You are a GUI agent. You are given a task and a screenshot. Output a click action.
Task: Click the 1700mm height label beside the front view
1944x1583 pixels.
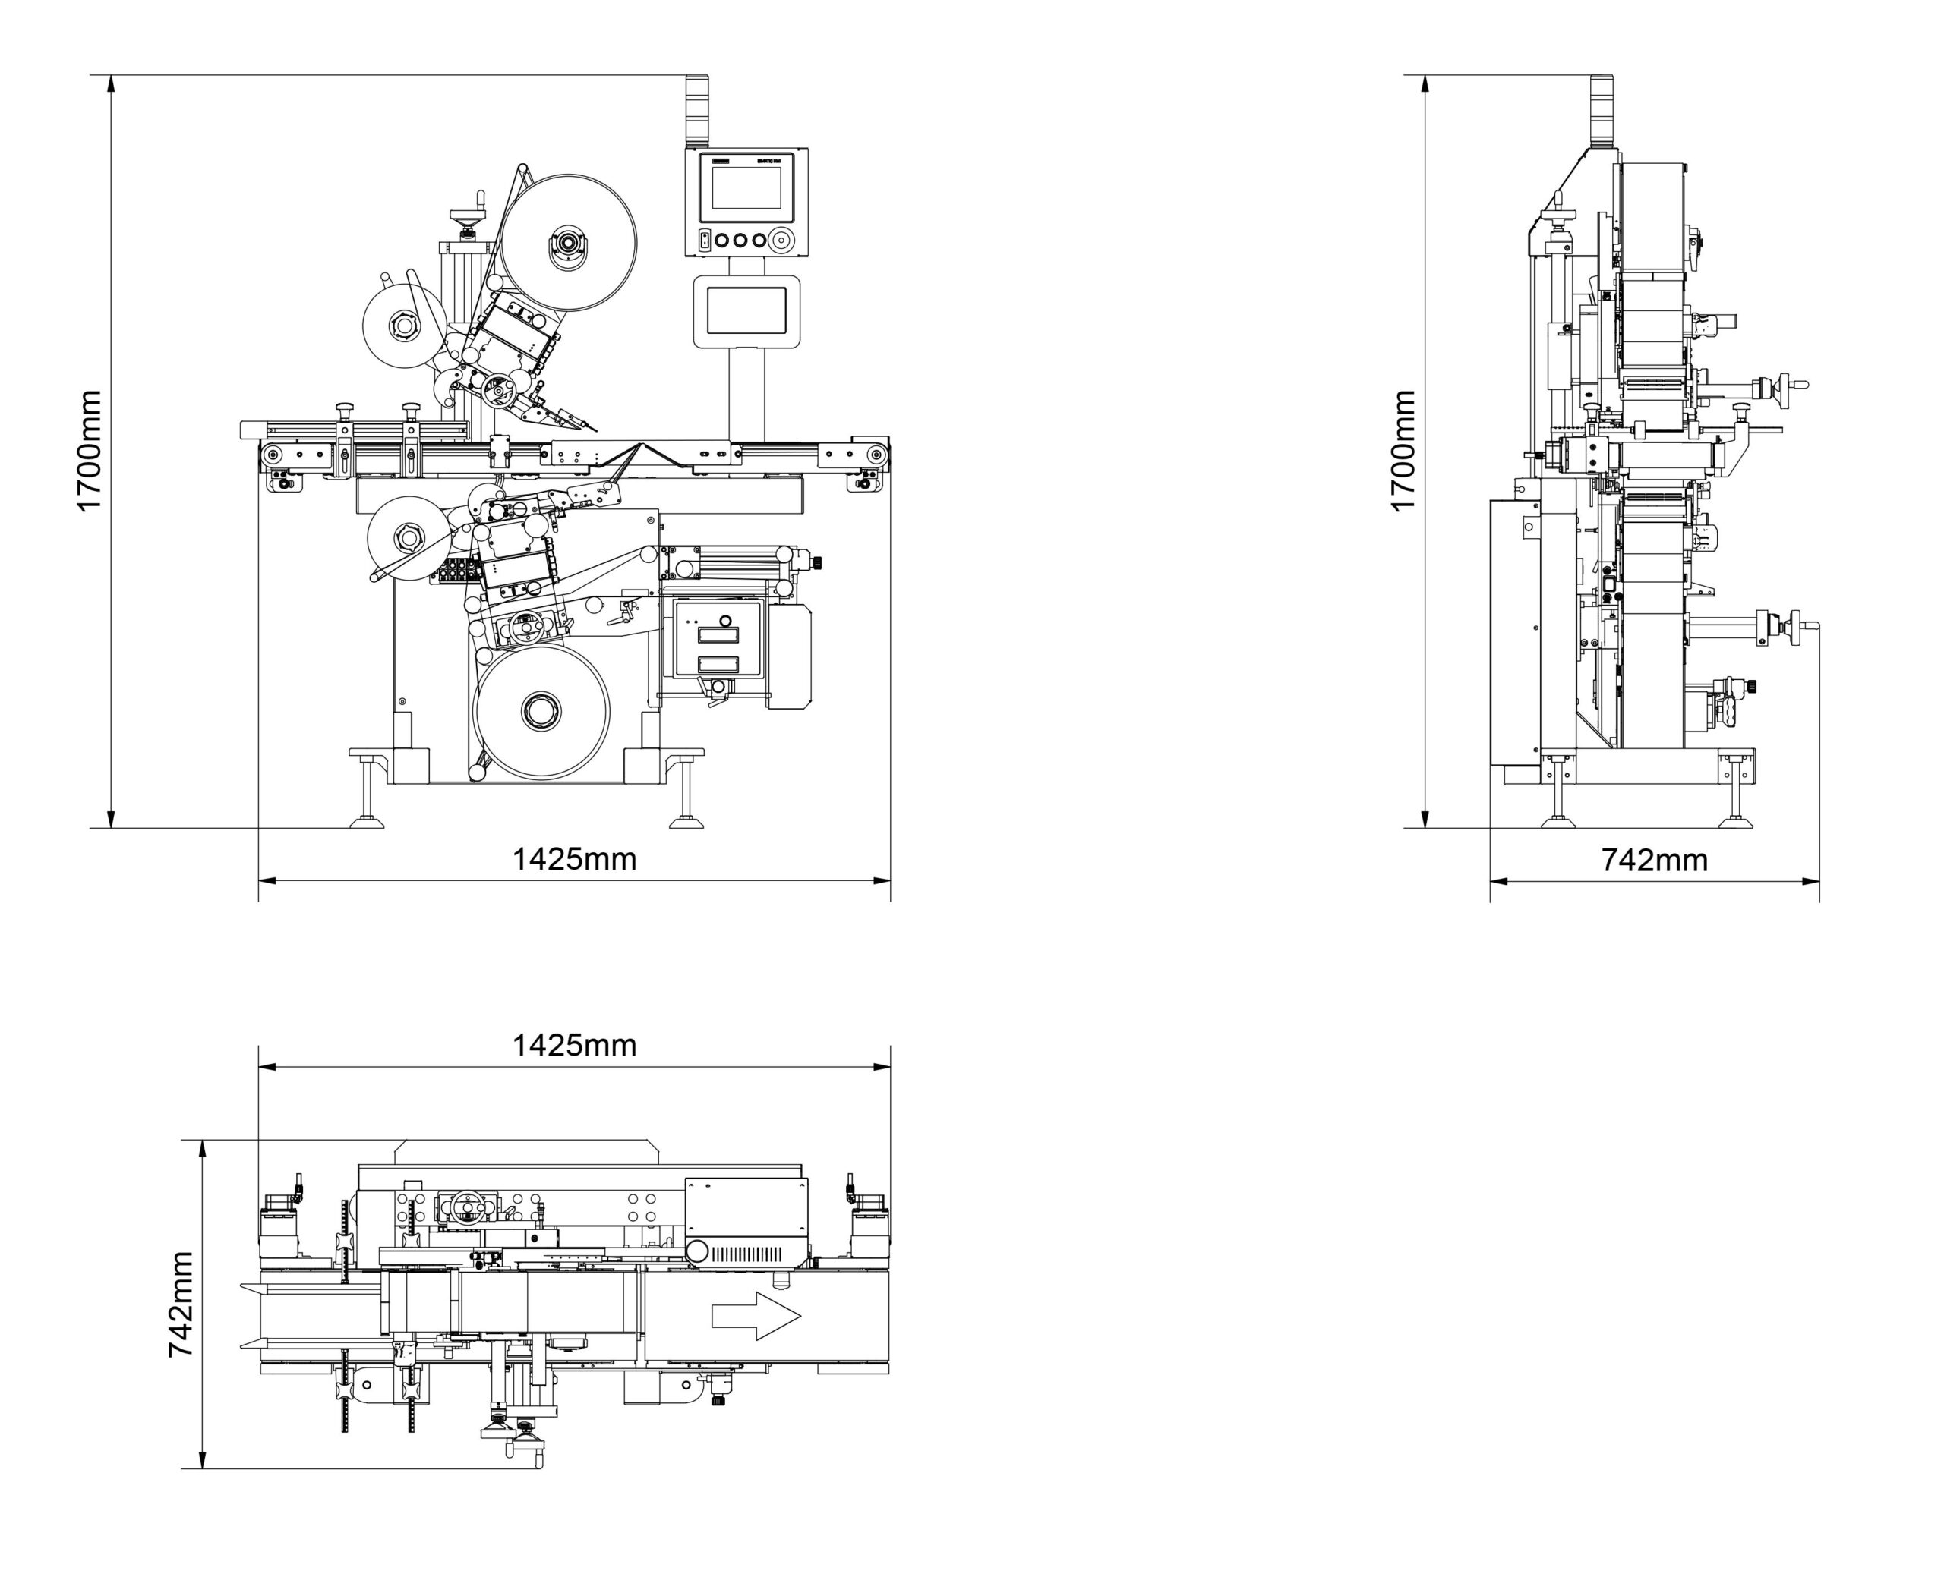coord(89,451)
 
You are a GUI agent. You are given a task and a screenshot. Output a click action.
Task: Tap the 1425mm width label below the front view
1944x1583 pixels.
coord(574,859)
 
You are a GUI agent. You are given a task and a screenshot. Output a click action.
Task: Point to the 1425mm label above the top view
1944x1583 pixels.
coord(574,1045)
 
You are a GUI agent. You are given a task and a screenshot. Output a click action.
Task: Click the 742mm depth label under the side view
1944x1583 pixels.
coord(1654,860)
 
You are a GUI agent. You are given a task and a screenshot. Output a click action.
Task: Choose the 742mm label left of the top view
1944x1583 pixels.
coord(181,1304)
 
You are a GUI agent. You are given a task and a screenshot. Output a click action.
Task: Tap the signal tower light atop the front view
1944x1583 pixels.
coord(697,109)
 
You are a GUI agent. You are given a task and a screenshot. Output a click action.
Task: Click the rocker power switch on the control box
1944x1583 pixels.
coord(704,241)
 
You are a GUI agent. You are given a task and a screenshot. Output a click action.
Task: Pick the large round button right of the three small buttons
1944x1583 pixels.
coord(780,241)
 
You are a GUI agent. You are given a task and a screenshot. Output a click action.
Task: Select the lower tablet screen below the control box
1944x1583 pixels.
coord(746,311)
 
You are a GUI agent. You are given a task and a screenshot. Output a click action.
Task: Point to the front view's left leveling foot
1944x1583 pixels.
coord(367,820)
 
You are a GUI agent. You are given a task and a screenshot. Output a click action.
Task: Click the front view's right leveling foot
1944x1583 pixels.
coord(686,820)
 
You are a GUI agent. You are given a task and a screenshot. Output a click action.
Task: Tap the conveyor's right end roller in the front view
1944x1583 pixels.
coord(876,454)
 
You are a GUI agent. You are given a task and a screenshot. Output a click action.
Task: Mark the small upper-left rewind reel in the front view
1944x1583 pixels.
coord(403,326)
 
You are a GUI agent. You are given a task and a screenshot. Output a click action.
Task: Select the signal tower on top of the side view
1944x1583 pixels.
coord(1603,109)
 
